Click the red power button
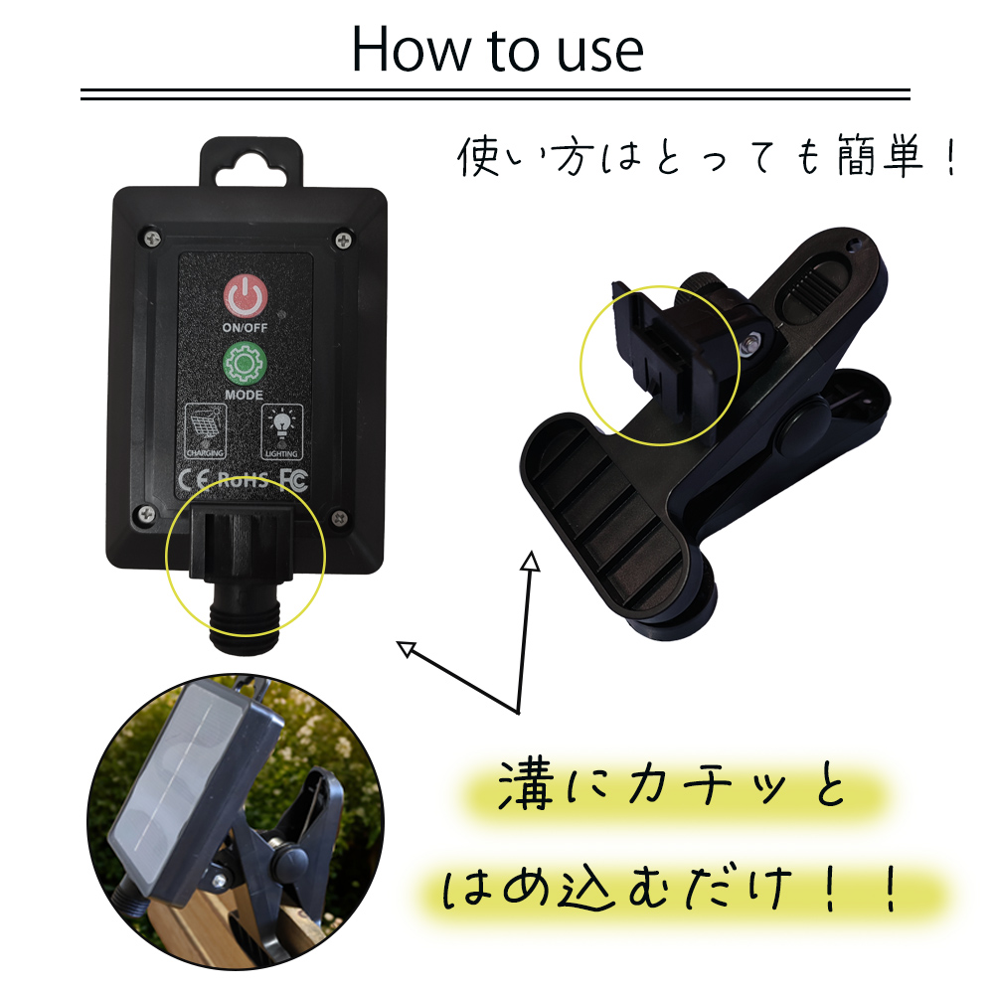point(245,295)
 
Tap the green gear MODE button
point(245,363)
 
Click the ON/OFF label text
point(245,328)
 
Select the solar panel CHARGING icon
point(205,431)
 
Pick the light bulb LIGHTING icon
point(282,431)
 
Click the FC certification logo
point(293,479)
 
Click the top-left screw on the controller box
point(151,238)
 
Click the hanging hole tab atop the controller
point(251,163)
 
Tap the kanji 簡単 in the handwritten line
point(879,155)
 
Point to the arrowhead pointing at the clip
point(531,561)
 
